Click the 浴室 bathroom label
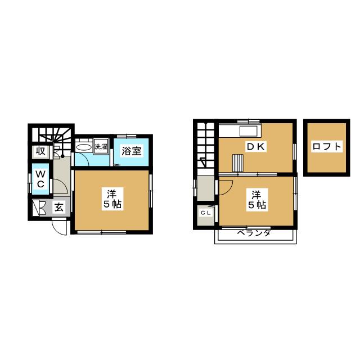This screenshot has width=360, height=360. point(131,151)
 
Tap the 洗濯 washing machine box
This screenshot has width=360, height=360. point(101,146)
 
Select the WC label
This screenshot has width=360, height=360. point(40,179)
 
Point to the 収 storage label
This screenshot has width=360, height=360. point(40,151)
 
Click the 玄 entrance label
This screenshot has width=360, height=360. point(59,208)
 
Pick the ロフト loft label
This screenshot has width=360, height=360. point(327,146)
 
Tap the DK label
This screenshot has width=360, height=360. point(256,147)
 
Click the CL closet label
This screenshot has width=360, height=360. point(205,213)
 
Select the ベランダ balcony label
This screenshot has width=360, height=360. point(254,233)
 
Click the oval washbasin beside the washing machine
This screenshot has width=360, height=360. point(84,147)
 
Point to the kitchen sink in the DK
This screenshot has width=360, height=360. point(249,131)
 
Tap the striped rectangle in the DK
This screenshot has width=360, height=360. point(238,163)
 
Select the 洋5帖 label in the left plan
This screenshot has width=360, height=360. point(112,199)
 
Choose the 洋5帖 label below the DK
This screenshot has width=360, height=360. point(257,199)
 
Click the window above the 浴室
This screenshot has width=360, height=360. point(127,136)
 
